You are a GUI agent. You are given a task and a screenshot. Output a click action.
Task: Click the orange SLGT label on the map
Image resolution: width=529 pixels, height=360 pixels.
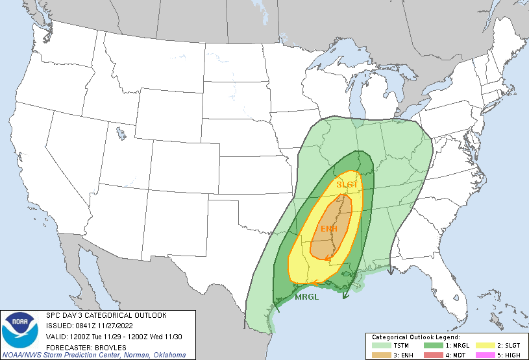click(x=347, y=185)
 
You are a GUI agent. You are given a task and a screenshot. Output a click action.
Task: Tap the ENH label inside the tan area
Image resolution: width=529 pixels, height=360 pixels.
click(x=329, y=229)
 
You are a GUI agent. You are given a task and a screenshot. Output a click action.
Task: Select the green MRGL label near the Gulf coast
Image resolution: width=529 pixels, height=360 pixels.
click(x=306, y=297)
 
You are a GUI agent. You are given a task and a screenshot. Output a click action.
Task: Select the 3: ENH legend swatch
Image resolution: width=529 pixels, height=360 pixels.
click(x=378, y=355)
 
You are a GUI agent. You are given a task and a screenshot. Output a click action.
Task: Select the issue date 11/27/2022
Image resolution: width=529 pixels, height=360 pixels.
click(x=119, y=325)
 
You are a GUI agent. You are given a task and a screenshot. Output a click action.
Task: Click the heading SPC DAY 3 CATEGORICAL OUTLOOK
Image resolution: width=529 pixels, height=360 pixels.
click(x=106, y=315)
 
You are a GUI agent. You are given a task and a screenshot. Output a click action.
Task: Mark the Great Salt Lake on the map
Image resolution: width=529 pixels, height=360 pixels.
click(x=121, y=134)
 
